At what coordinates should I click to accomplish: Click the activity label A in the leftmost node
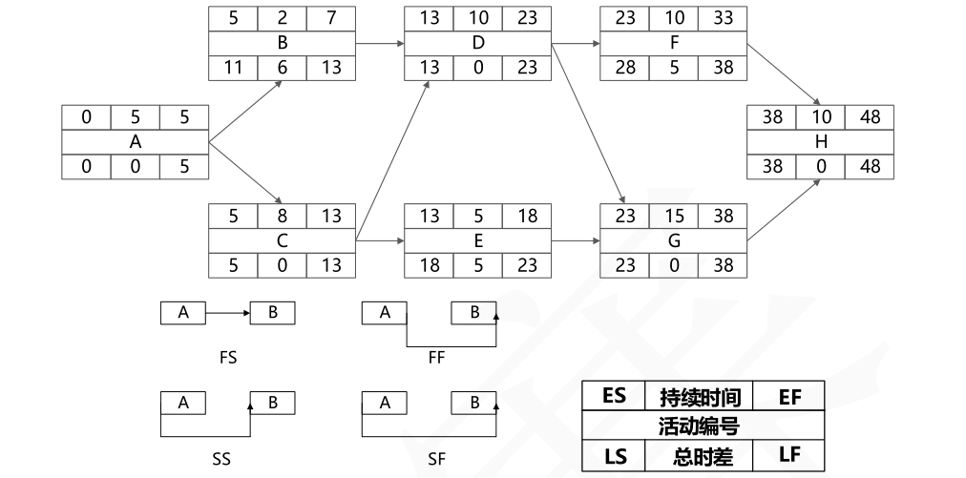[x=135, y=141]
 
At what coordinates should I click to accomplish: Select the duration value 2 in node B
[x=282, y=18]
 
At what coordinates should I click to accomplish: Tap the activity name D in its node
[x=477, y=43]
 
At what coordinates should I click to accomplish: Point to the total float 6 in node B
[x=282, y=68]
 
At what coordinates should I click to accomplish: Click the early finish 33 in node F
[x=723, y=18]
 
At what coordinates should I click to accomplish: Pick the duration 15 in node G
[x=673, y=217]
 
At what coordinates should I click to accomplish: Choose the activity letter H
[x=822, y=142]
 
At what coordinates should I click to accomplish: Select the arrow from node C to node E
[x=380, y=241]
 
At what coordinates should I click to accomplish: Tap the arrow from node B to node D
[x=380, y=43]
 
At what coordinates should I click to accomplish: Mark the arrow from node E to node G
[x=576, y=241]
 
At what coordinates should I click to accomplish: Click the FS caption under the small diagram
[x=227, y=359]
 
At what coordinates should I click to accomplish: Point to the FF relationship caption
[x=436, y=359]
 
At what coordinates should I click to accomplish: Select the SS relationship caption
[x=221, y=459]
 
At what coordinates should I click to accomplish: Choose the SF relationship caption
[x=436, y=459]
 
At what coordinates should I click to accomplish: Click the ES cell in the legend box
[x=615, y=396]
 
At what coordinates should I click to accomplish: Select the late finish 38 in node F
[x=723, y=68]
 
